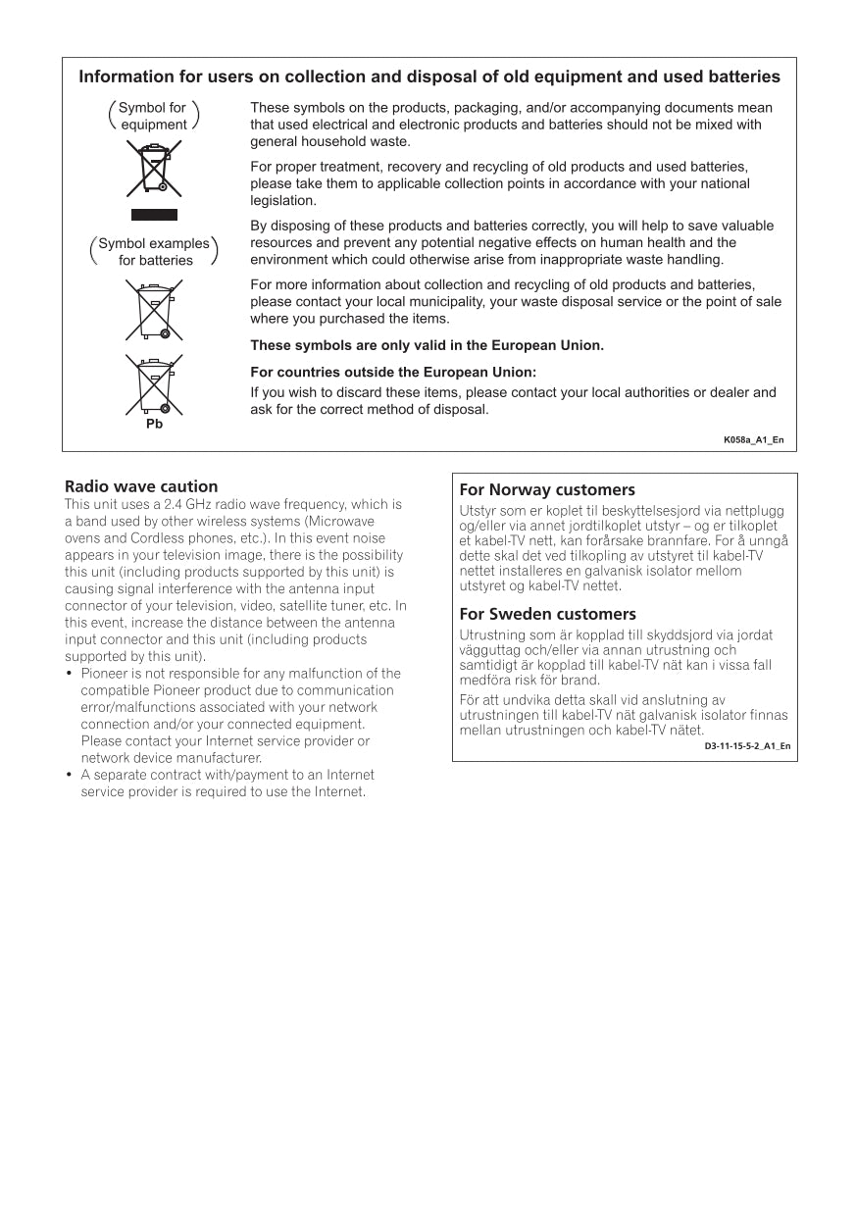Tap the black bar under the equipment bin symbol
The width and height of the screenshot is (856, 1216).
pyautogui.click(x=154, y=215)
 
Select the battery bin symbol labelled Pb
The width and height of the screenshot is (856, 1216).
pyautogui.click(x=154, y=385)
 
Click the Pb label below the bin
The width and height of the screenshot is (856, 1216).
pyautogui.click(x=154, y=424)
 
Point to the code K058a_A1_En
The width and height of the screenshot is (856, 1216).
pyautogui.click(x=753, y=439)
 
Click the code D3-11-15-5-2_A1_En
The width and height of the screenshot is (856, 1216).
pyautogui.click(x=747, y=746)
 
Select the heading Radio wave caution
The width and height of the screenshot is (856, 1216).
pyautogui.click(x=141, y=486)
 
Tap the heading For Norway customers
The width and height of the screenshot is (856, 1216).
pyautogui.click(x=547, y=489)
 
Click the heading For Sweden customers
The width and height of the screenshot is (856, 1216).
pyautogui.click(x=548, y=615)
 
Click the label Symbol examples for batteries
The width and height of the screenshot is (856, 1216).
pyautogui.click(x=154, y=252)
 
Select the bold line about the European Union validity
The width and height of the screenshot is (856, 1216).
pyautogui.click(x=427, y=345)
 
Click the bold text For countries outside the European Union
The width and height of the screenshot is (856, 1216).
pyautogui.click(x=393, y=372)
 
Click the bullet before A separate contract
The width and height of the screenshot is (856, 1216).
pyautogui.click(x=70, y=775)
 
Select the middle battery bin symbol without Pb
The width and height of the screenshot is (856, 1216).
pyautogui.click(x=154, y=309)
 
